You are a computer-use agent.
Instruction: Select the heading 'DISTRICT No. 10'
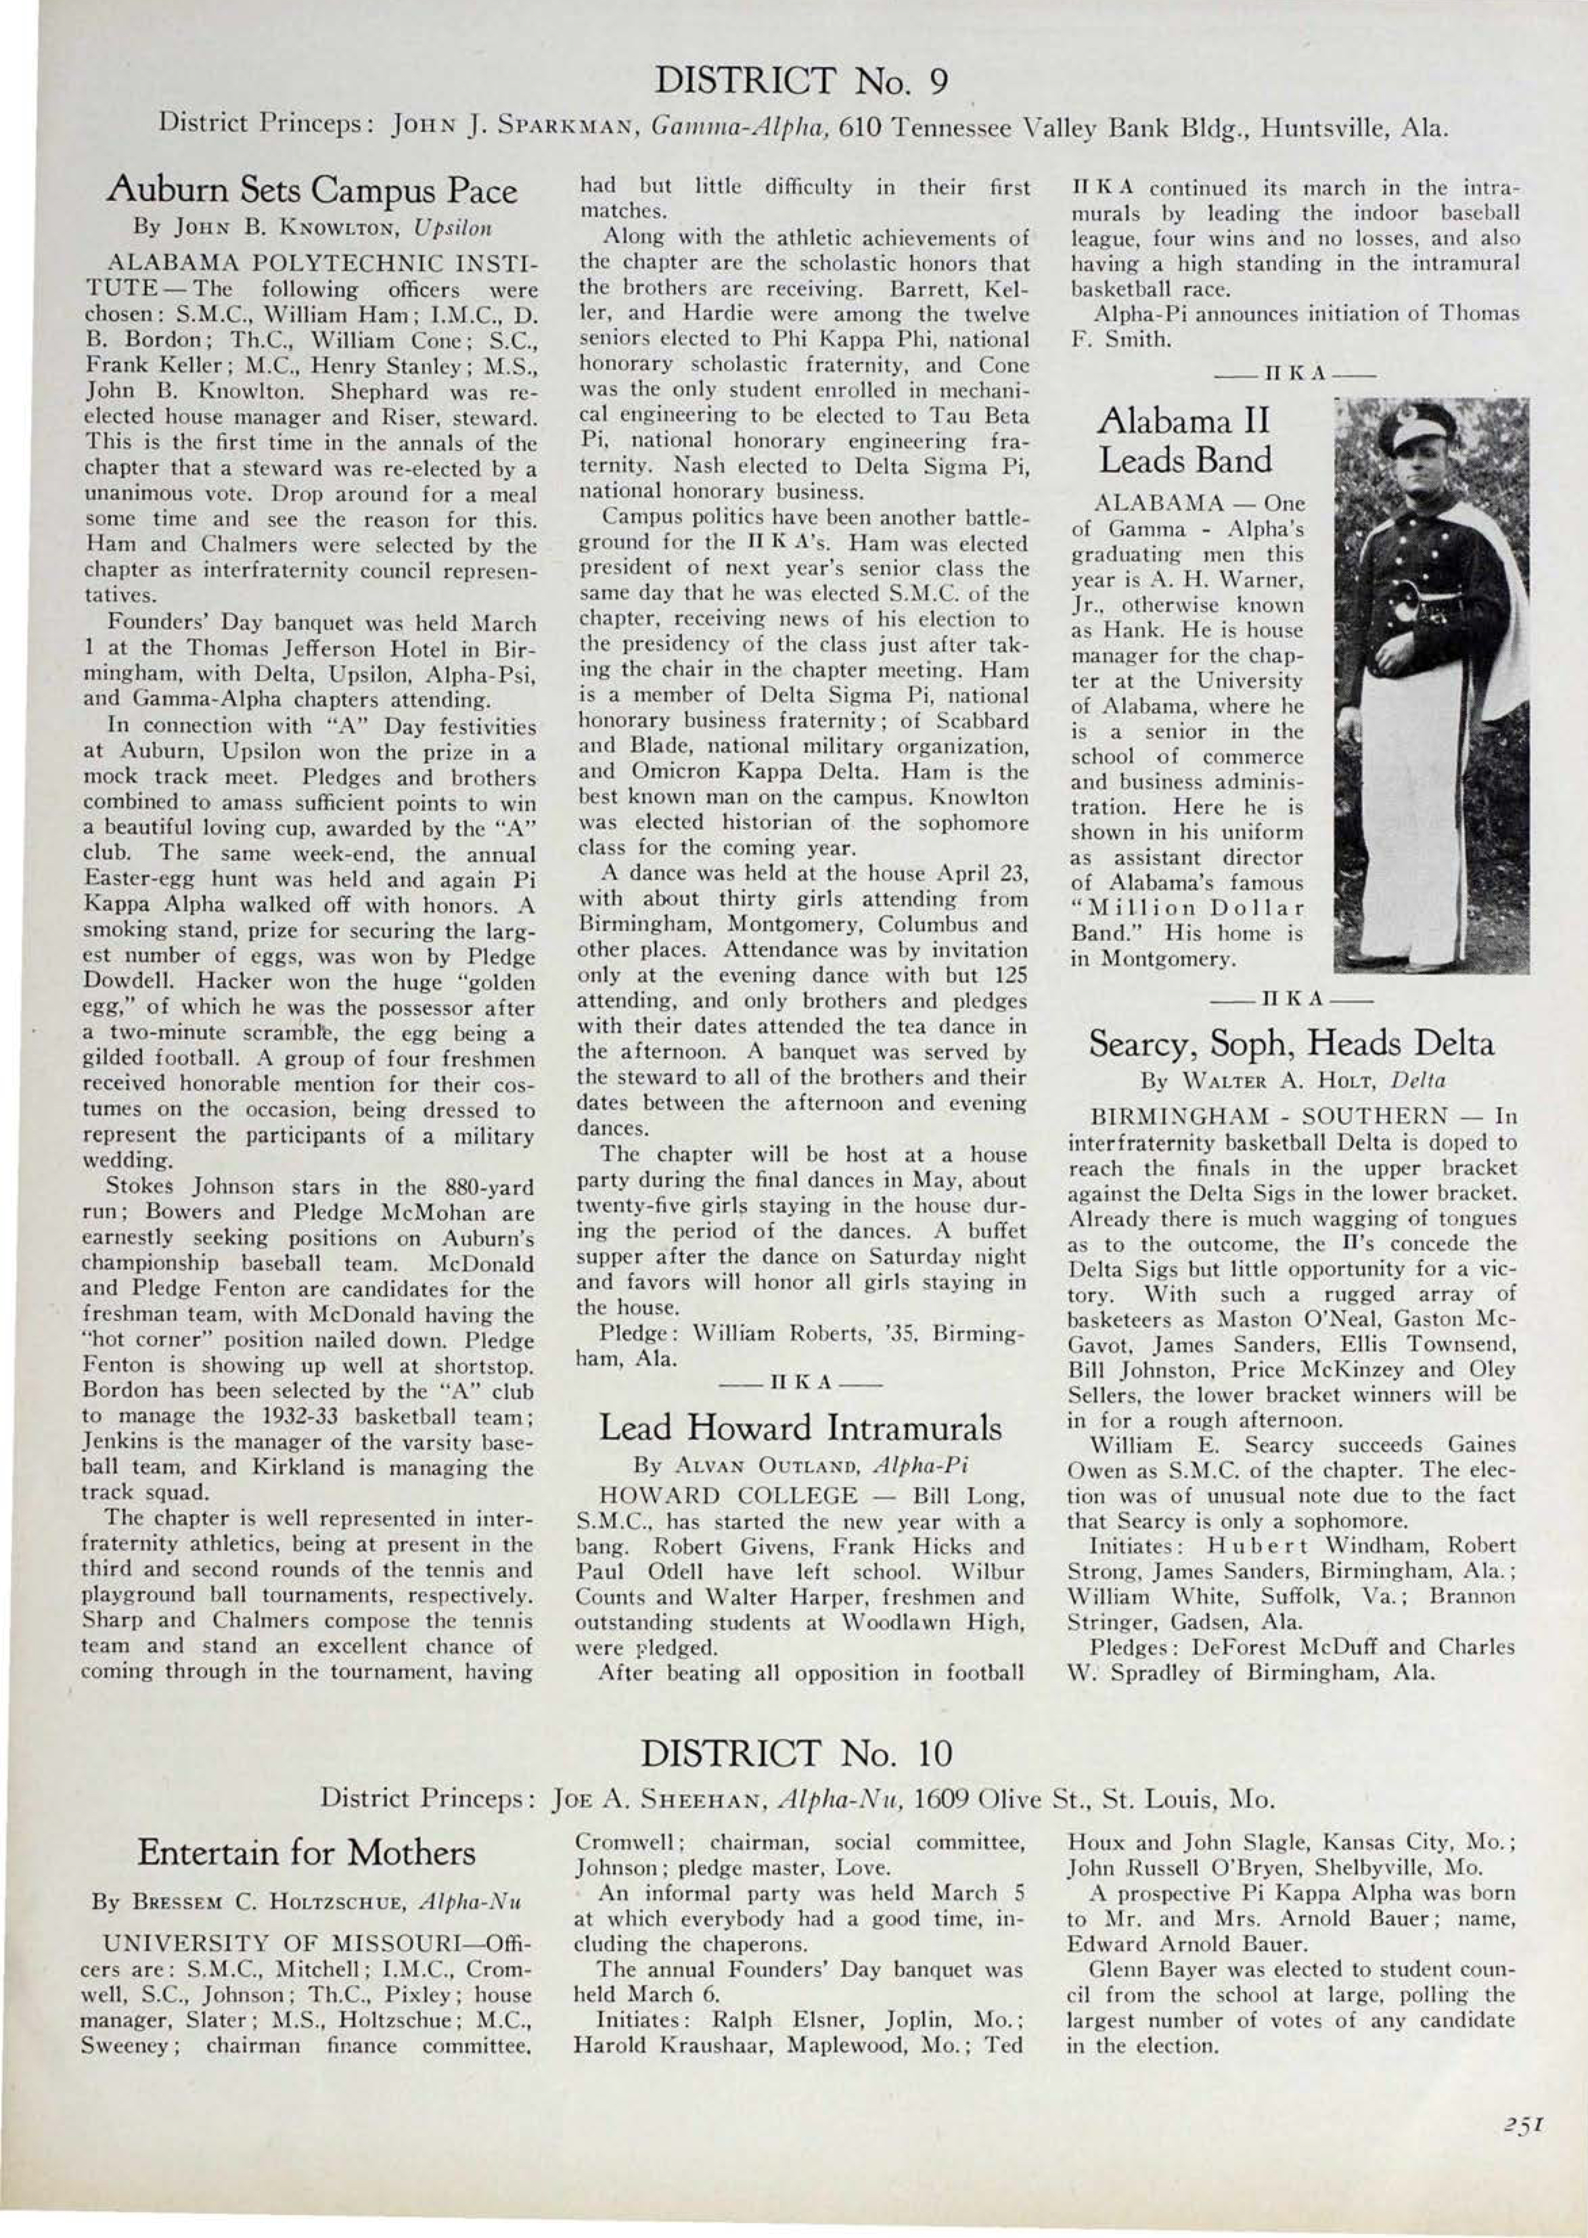point(794,1752)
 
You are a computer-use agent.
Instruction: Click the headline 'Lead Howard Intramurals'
point(800,1428)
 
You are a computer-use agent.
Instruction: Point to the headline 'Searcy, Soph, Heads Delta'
point(1291,1044)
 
